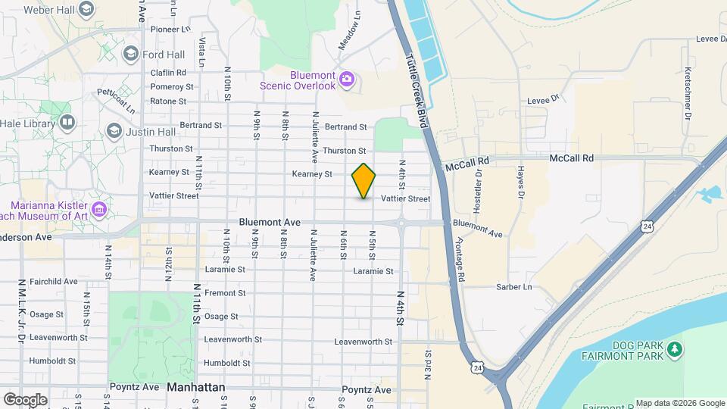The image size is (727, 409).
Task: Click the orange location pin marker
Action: point(363,180)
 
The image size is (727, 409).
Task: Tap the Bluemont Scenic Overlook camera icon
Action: point(347,78)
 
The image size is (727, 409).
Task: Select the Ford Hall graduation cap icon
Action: point(130,54)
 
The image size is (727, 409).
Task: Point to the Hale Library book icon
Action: point(68,121)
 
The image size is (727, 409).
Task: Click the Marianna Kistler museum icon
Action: point(98,209)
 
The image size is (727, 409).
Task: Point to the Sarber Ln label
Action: point(515,288)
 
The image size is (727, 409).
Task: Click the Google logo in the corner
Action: point(25,399)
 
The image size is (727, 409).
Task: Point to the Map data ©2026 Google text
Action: point(679,403)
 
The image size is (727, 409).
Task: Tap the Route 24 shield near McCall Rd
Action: point(645,226)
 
